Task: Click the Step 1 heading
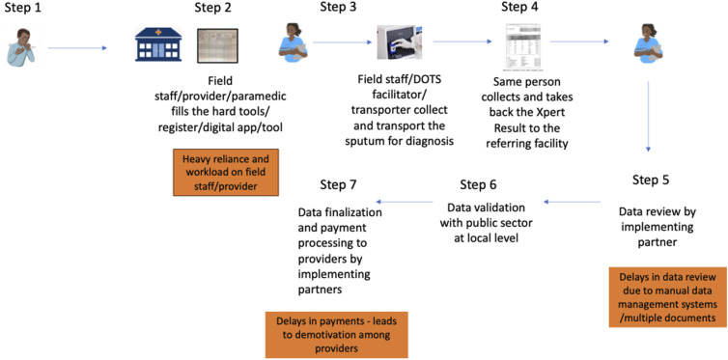tap(22, 8)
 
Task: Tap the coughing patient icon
tap(22, 47)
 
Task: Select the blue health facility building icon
tap(158, 44)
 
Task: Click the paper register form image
tap(217, 45)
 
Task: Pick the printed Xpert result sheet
tap(520, 47)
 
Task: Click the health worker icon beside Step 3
tap(293, 42)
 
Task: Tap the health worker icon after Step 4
tap(648, 42)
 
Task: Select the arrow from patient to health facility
tap(77, 47)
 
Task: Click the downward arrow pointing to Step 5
tap(648, 117)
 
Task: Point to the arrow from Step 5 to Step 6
tap(573, 202)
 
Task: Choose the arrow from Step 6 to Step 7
tap(405, 202)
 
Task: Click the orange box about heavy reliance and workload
tap(226, 172)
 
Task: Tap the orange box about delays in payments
tap(337, 335)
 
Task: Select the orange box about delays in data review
tap(667, 297)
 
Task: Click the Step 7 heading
tap(339, 184)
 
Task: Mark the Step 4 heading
tap(520, 7)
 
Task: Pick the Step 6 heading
tap(478, 184)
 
